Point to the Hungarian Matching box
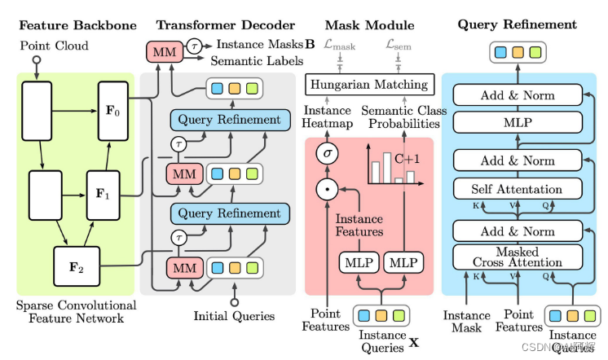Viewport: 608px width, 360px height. click(x=368, y=83)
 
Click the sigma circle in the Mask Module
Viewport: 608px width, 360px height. click(x=326, y=153)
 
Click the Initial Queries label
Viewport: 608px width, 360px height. click(x=234, y=315)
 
